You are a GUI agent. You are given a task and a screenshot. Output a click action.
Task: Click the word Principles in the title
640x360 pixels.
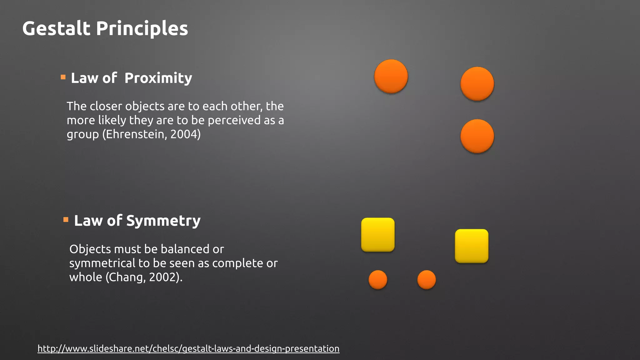coord(142,28)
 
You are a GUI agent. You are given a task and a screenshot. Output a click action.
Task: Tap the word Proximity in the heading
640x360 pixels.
coord(158,78)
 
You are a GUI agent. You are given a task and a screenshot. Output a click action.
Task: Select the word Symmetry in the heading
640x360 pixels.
coord(163,221)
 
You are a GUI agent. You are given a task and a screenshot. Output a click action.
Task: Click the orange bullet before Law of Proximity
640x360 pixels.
coord(63,77)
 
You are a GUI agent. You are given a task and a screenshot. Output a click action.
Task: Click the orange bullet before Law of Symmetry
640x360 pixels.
coord(66,220)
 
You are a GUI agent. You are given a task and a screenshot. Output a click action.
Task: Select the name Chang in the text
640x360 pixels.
coord(126,277)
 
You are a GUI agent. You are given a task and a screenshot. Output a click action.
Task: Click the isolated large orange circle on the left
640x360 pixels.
coord(391,76)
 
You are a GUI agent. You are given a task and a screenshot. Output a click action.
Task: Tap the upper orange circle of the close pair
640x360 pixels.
coord(477,84)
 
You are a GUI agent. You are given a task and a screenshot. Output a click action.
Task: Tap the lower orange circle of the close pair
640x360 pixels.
coord(477,136)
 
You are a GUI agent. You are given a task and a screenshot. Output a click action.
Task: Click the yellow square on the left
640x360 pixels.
coord(378,235)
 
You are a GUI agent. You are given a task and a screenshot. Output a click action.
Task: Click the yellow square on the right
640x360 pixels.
coord(472,246)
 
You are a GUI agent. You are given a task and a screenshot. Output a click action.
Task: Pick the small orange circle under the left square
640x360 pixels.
coord(378,279)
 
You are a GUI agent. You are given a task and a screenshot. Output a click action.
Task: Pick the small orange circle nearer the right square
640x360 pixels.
coord(427,279)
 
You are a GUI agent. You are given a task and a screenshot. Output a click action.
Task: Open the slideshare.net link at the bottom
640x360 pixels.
coord(188,348)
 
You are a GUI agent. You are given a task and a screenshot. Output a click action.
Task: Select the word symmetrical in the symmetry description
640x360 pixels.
coord(102,263)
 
